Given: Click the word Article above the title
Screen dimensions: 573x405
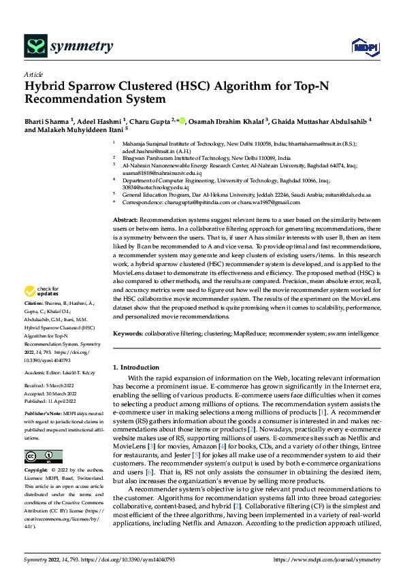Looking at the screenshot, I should click(x=33, y=74).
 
